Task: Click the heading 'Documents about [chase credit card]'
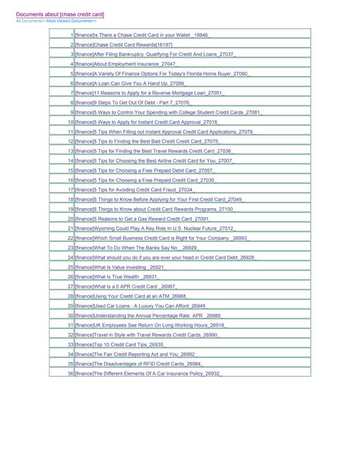tap(60, 14)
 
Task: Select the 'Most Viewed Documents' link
tap(69, 21)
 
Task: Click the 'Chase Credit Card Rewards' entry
tap(120, 44)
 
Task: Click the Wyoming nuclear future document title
tap(154, 229)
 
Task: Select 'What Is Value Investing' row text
tap(120, 267)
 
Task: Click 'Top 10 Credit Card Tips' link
tap(120, 345)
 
